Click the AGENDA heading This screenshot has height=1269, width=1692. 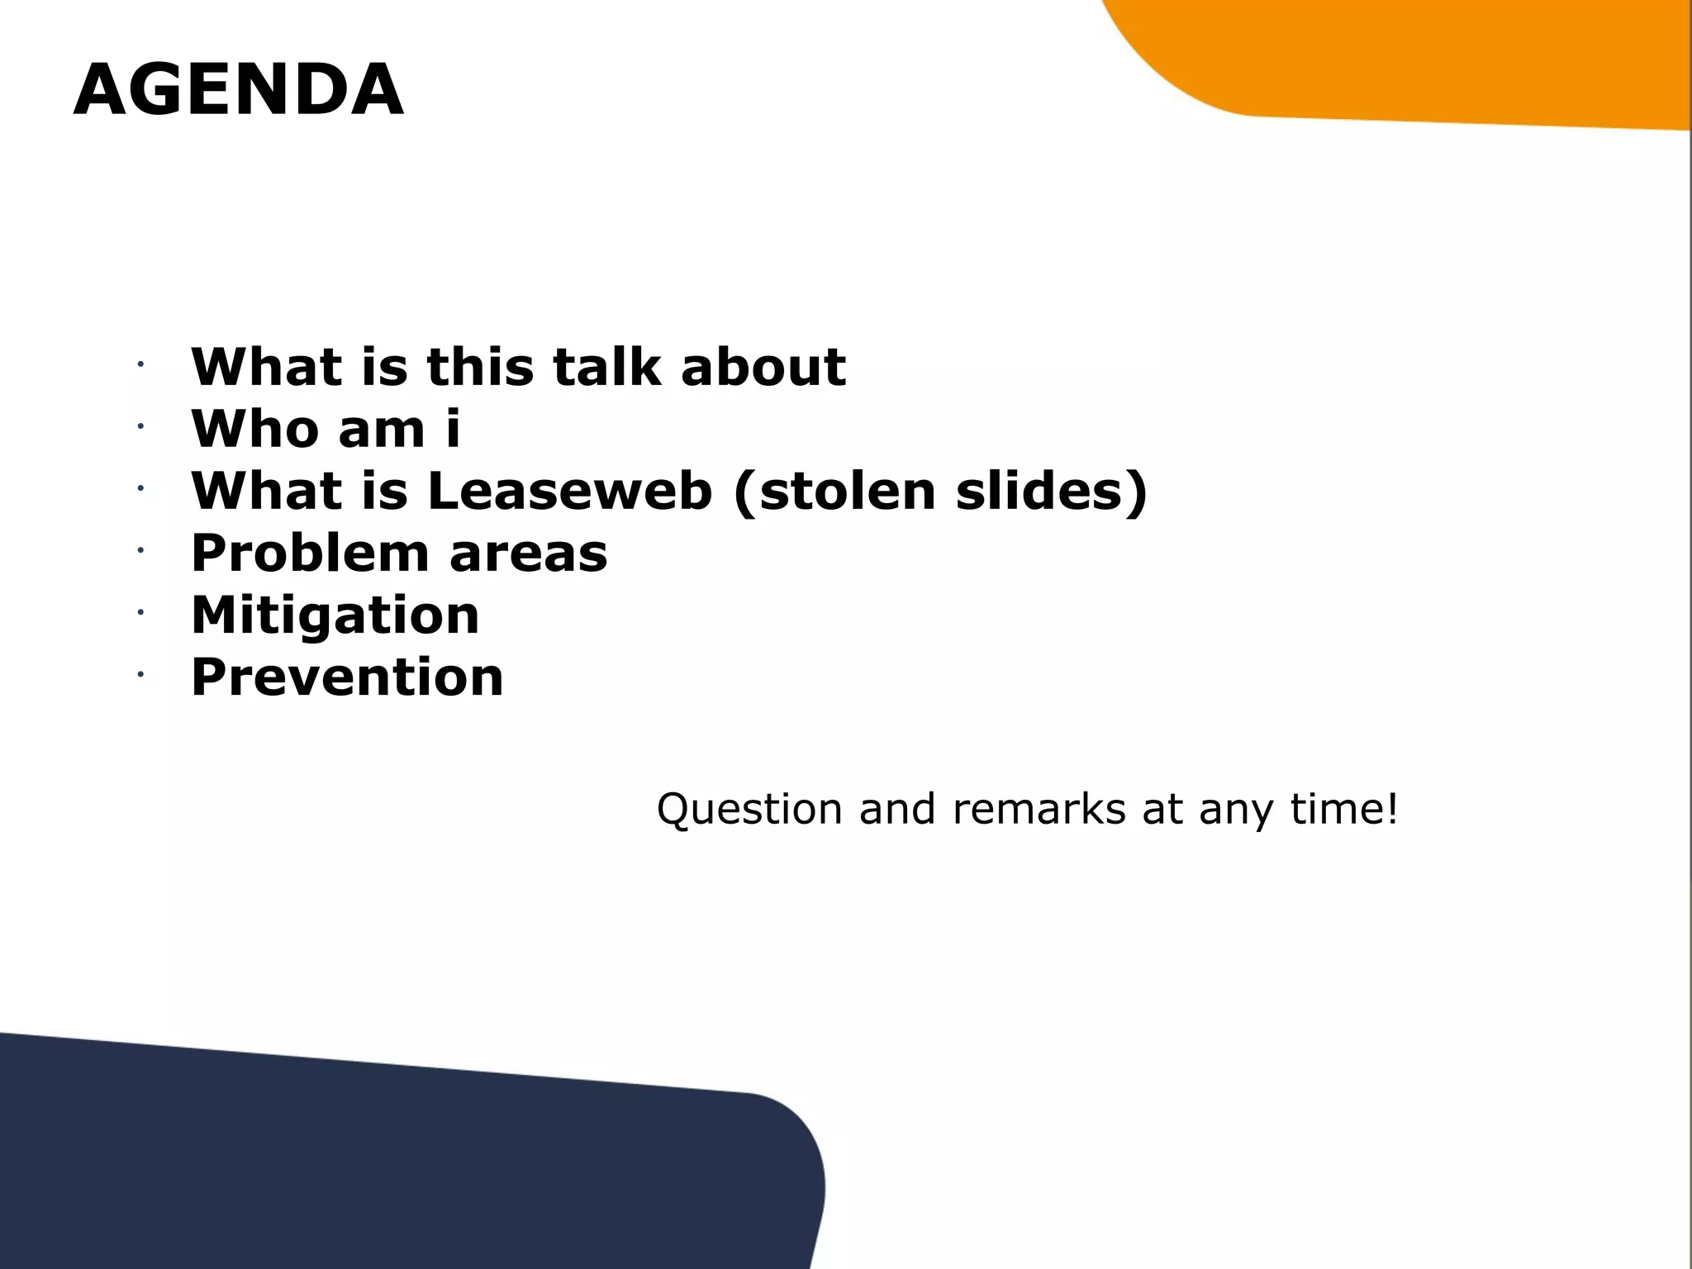click(x=238, y=90)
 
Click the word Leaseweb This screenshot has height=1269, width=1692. click(x=569, y=491)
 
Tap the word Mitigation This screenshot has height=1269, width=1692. click(x=335, y=615)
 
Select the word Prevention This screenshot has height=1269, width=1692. click(x=347, y=677)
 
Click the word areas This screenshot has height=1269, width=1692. click(x=529, y=553)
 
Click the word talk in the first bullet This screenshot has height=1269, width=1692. click(x=606, y=367)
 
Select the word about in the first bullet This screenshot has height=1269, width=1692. click(x=763, y=367)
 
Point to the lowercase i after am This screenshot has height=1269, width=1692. click(x=452, y=429)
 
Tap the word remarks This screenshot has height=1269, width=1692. click(x=1038, y=809)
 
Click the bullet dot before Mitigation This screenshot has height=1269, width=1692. click(x=141, y=612)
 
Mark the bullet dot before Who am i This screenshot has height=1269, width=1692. click(x=141, y=426)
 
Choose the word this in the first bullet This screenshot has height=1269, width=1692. click(x=480, y=367)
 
